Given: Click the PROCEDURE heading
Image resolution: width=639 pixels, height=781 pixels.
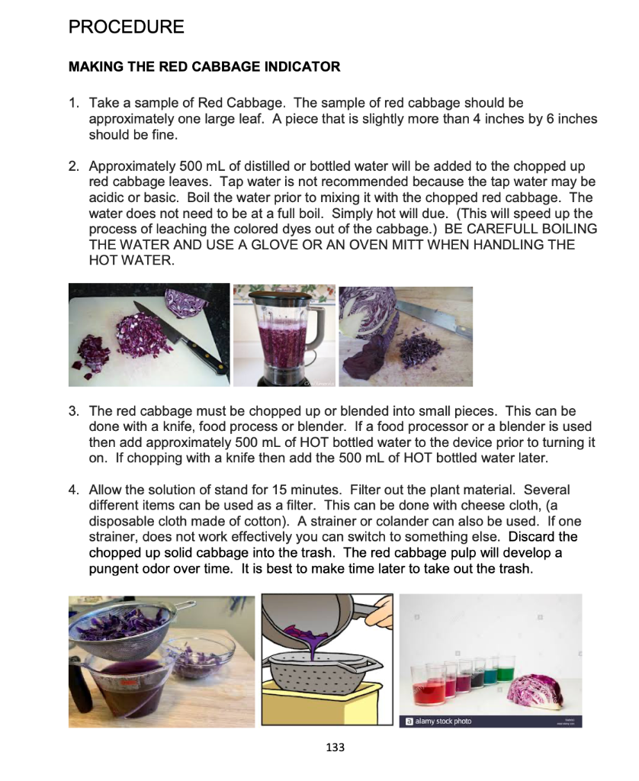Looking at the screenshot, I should click(126, 27).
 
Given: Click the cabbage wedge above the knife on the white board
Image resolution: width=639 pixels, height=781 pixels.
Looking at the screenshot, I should click(187, 301).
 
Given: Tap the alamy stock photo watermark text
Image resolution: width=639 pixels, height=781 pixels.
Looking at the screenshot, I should click(442, 721).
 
